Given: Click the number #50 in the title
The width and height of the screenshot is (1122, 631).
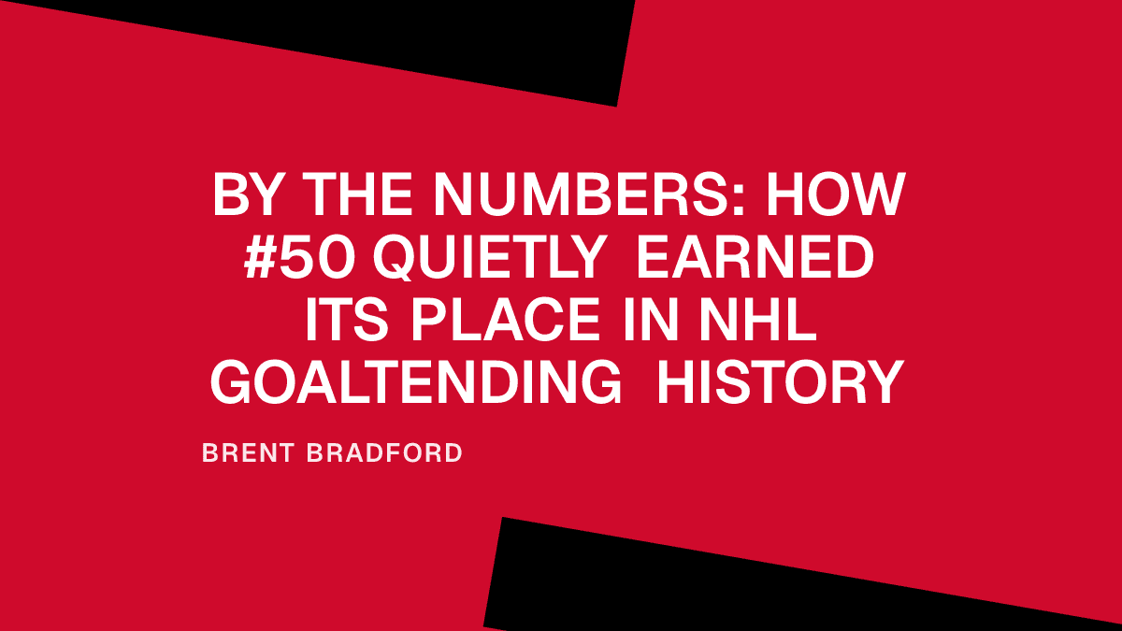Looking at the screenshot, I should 299,259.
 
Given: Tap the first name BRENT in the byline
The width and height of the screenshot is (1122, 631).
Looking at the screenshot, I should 243,453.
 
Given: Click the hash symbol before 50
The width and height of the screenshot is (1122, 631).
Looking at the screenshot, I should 263,259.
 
